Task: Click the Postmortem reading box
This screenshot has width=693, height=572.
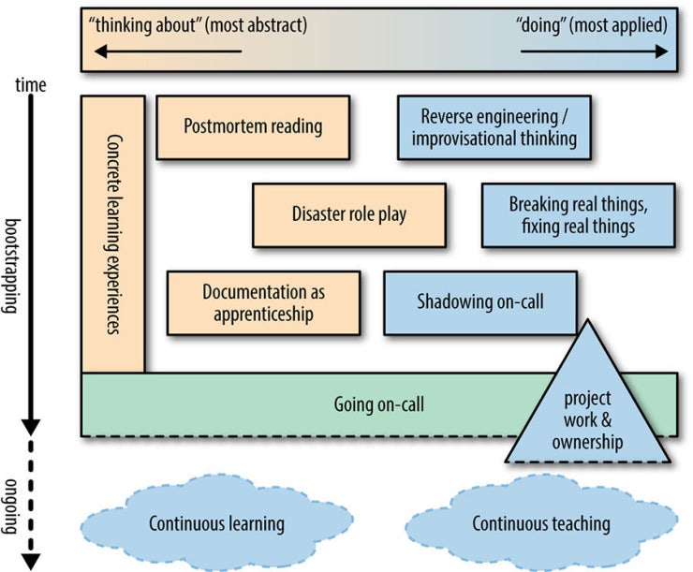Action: tap(253, 126)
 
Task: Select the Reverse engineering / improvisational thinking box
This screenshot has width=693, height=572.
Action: tap(494, 126)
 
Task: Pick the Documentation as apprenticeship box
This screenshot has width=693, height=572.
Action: tap(263, 302)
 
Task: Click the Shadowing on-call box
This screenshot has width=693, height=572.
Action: tap(479, 302)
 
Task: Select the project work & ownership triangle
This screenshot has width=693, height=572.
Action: tap(588, 412)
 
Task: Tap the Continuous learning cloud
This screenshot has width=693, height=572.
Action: tap(216, 522)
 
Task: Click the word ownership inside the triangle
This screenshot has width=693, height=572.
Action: tap(588, 442)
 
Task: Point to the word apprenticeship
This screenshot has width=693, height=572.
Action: tap(263, 315)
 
